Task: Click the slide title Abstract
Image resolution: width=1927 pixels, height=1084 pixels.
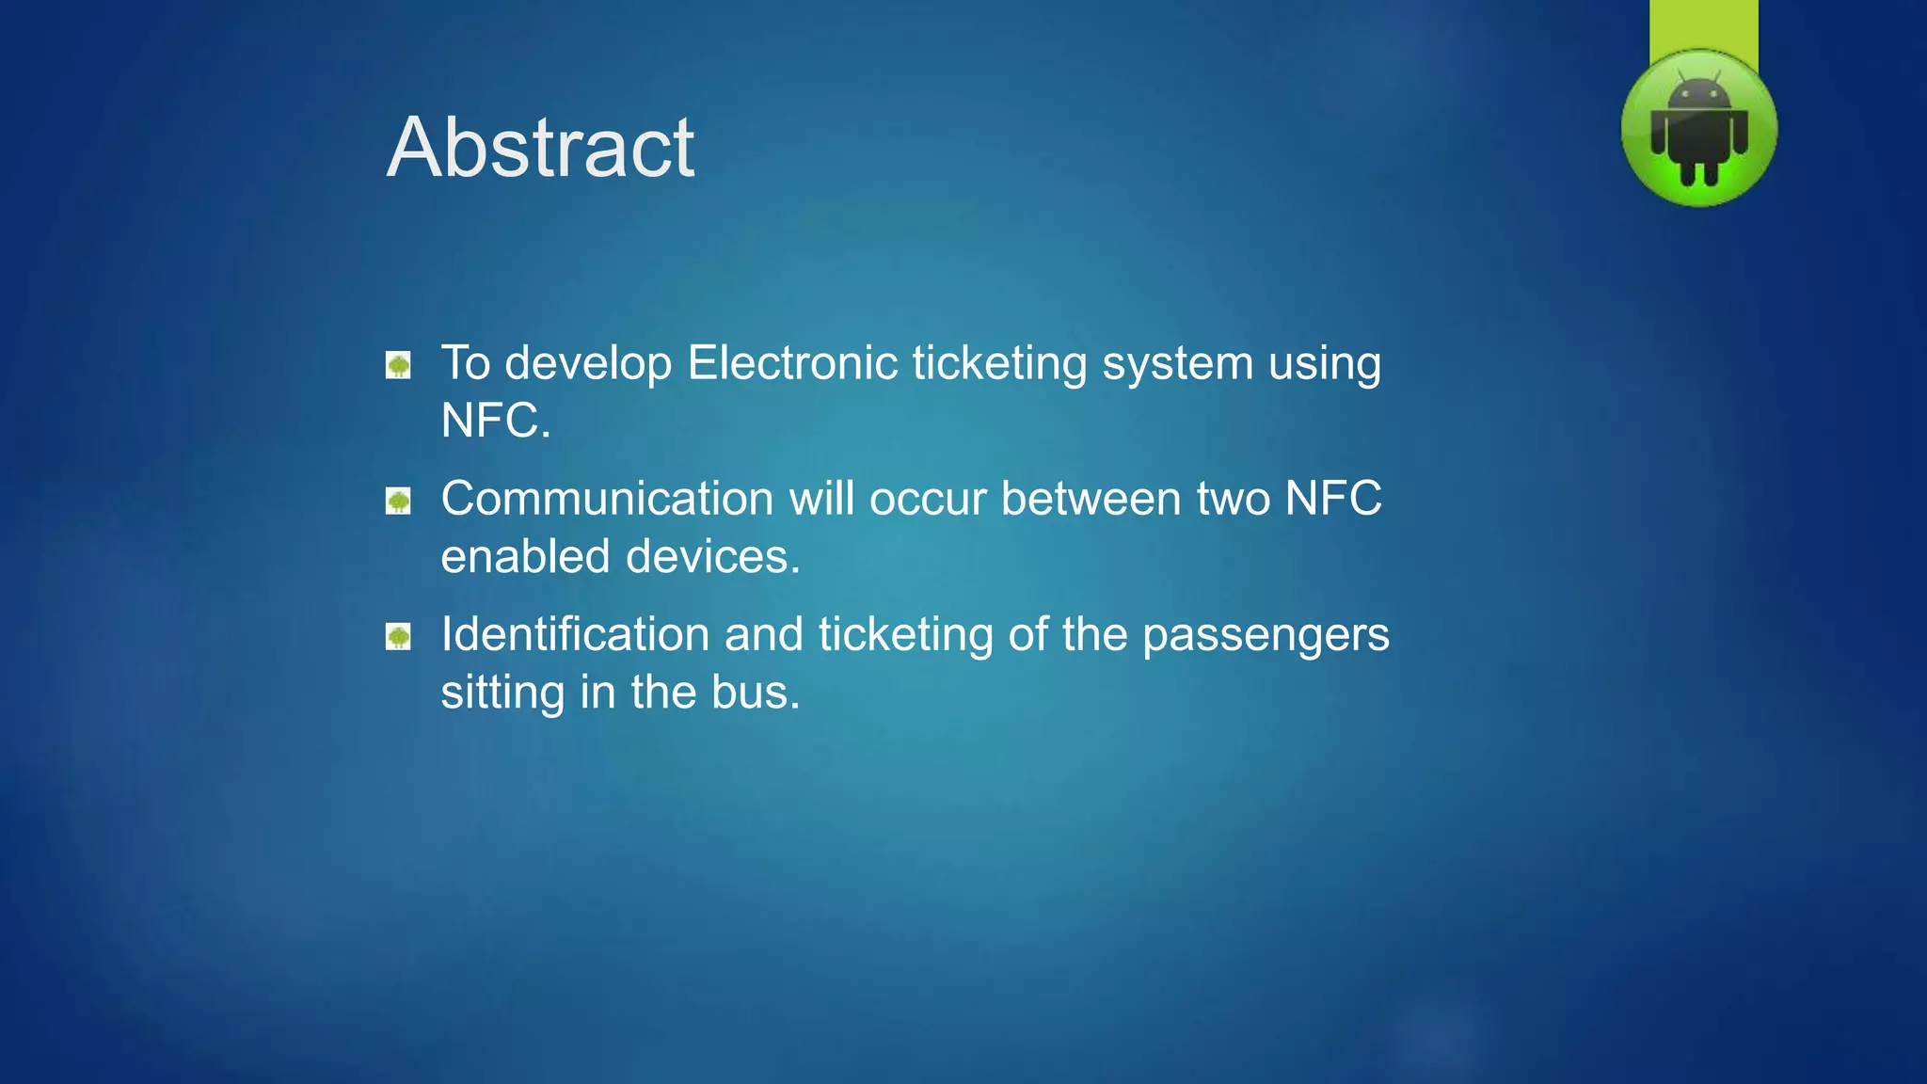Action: [540, 148]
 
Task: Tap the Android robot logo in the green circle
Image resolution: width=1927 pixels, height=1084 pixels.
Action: [1698, 130]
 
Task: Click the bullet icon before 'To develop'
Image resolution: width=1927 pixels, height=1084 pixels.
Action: [398, 365]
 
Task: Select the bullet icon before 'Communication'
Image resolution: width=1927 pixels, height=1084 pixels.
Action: [398, 501]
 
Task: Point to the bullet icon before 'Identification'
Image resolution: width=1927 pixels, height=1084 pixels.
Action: [398, 637]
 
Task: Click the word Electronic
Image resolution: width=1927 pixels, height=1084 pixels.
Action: [792, 363]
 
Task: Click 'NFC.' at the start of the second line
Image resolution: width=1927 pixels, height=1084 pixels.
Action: [495, 421]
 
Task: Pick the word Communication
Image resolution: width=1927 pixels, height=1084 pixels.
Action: [607, 499]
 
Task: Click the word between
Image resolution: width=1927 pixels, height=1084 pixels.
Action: [1091, 499]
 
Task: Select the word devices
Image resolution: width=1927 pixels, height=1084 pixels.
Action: [712, 557]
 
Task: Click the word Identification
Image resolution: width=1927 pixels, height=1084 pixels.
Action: [575, 634]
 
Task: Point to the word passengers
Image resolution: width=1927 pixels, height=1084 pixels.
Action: [1266, 636]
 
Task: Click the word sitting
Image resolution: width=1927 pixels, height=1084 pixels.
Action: [502, 693]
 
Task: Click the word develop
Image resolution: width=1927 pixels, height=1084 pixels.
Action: [588, 365]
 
